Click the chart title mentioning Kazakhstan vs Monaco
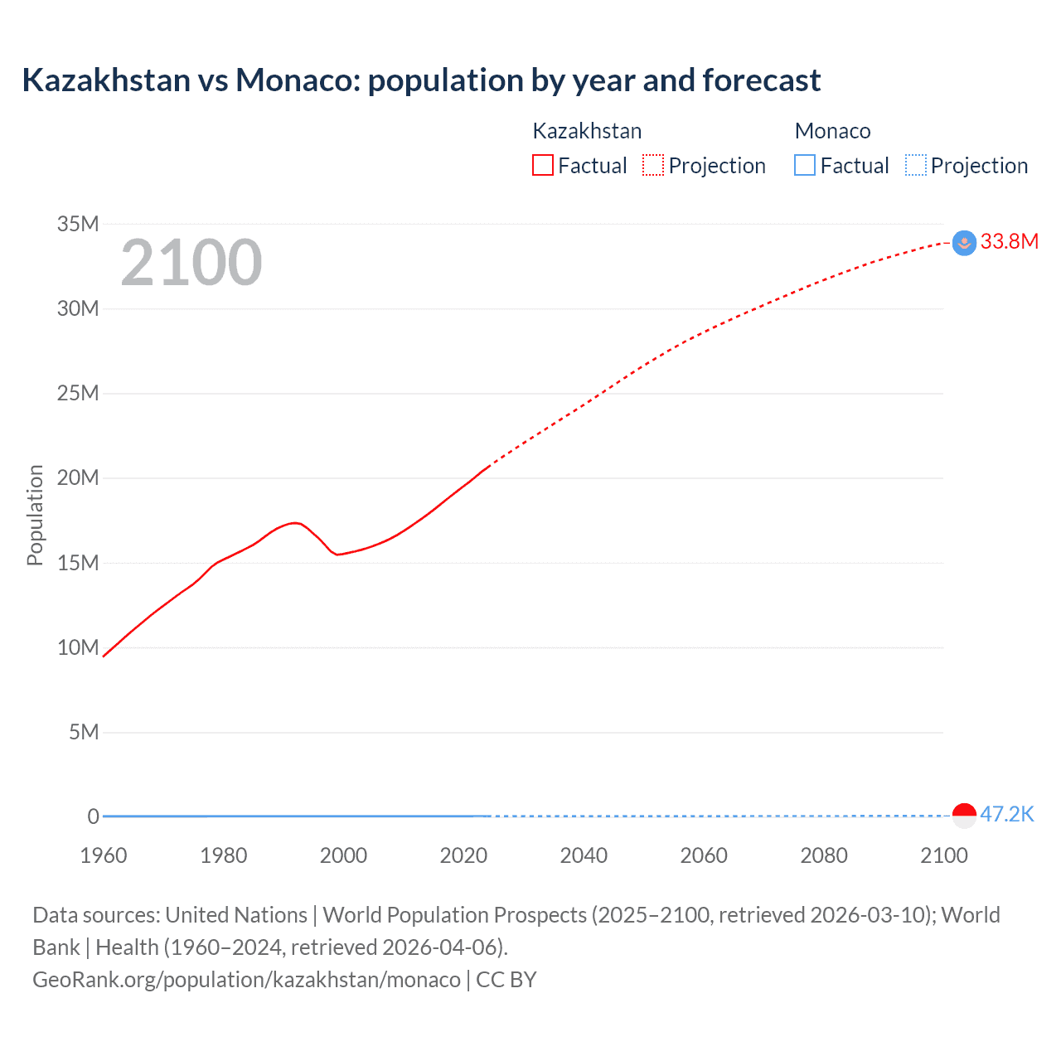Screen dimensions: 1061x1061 tap(421, 80)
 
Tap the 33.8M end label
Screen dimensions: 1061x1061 tap(1009, 241)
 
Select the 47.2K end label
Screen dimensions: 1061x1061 tap(1007, 814)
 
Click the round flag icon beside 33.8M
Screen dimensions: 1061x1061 tap(964, 243)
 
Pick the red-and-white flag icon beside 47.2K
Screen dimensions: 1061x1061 tap(964, 816)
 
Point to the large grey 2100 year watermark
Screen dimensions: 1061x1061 tap(191, 263)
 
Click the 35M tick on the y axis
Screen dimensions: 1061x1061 tap(78, 224)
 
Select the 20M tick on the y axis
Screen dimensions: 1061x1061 tap(78, 477)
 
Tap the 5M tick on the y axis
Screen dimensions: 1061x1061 tap(84, 732)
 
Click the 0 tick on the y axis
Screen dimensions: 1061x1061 tap(94, 816)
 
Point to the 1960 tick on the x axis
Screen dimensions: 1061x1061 tap(104, 855)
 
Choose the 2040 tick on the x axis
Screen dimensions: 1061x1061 tap(584, 855)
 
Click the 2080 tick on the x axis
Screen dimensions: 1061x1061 tap(824, 855)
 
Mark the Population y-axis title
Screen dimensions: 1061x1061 tap(35, 515)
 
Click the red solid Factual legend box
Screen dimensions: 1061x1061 tap(543, 166)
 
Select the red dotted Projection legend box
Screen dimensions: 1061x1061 tap(653, 166)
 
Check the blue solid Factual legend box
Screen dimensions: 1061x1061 tap(805, 166)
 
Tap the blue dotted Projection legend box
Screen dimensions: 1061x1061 tap(915, 166)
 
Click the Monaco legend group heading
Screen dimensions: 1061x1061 tap(832, 131)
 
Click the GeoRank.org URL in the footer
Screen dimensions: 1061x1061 tap(246, 980)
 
